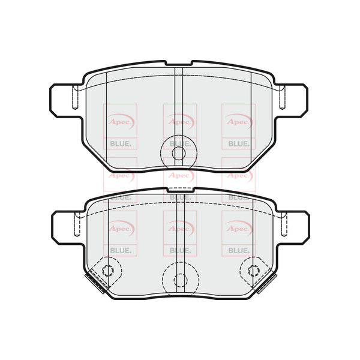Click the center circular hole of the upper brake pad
click(x=178, y=153)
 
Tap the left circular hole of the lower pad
click(x=108, y=271)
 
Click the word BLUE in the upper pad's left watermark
click(x=121, y=144)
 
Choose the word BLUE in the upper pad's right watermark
click(x=238, y=144)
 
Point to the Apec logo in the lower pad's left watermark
click(x=121, y=227)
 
